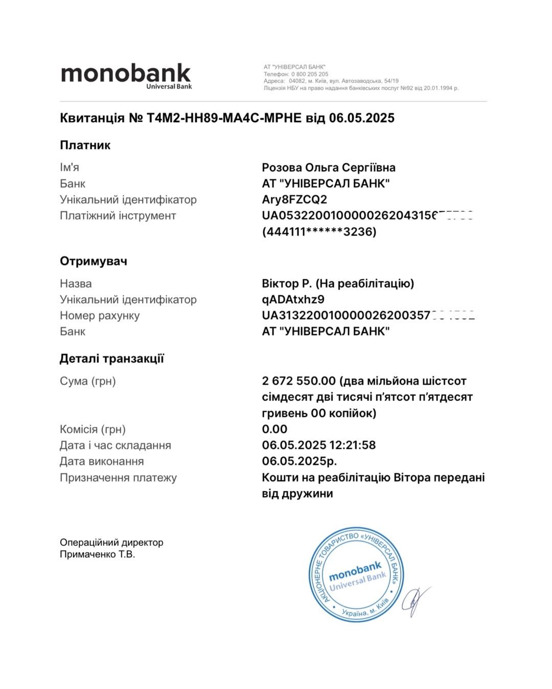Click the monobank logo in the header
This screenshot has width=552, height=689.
(126, 76)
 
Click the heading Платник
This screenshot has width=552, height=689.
(85, 145)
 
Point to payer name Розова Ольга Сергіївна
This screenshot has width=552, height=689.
(328, 168)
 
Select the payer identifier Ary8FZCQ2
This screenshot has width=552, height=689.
(294, 199)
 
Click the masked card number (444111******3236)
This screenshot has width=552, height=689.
(319, 232)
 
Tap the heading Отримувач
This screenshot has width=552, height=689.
(93, 261)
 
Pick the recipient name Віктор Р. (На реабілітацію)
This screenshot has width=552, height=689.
(337, 283)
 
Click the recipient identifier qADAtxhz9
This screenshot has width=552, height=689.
(293, 299)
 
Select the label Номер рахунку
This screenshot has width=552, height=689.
(100, 316)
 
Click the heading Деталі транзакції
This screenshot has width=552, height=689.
(111, 359)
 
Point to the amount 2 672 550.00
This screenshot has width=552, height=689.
(298, 381)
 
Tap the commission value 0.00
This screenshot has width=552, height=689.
(274, 429)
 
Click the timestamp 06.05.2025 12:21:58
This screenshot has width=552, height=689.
(318, 445)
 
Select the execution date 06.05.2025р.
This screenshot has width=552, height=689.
(299, 461)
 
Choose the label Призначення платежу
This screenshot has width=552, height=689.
(118, 478)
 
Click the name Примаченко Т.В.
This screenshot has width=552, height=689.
(97, 554)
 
